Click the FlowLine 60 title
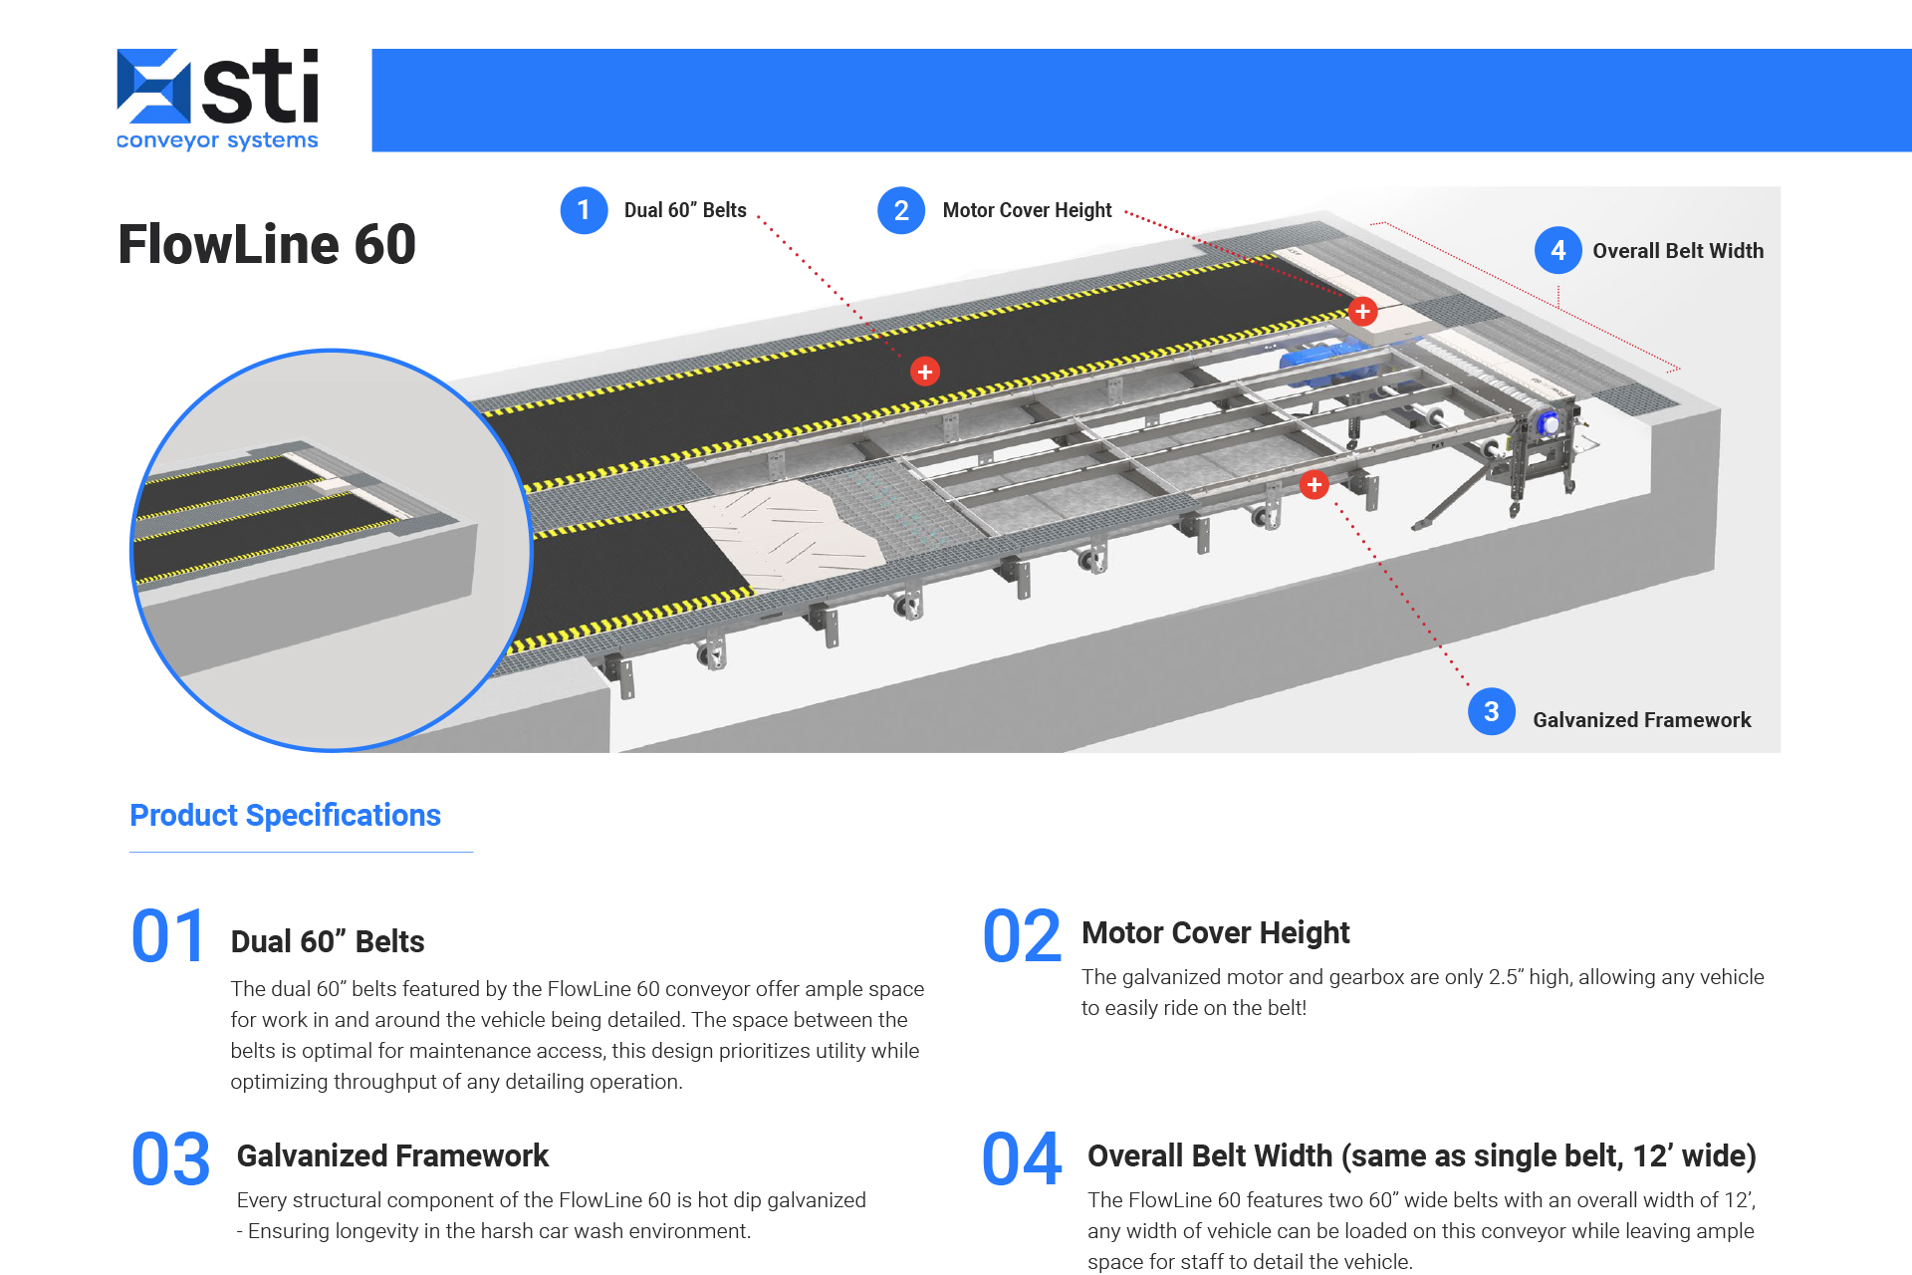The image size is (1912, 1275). point(267,245)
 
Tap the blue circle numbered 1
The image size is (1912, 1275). point(584,210)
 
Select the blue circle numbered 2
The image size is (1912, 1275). point(900,210)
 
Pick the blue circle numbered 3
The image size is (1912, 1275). point(1491,711)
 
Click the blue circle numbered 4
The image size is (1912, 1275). point(1557,251)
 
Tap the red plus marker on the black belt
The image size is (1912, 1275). point(924,372)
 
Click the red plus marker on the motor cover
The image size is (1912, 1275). point(1362,311)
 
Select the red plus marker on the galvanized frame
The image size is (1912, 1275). point(1314,484)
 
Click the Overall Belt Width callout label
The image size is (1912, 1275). point(1677,251)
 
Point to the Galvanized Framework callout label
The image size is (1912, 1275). point(1641,720)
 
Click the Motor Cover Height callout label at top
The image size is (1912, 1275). point(1027,210)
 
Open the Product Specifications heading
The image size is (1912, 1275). point(285,815)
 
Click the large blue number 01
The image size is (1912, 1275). point(168,936)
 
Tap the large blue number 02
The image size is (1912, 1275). point(1022,936)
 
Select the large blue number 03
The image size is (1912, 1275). point(170,1159)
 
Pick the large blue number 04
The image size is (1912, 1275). point(1022,1159)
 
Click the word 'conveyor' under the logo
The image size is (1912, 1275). point(167,140)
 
